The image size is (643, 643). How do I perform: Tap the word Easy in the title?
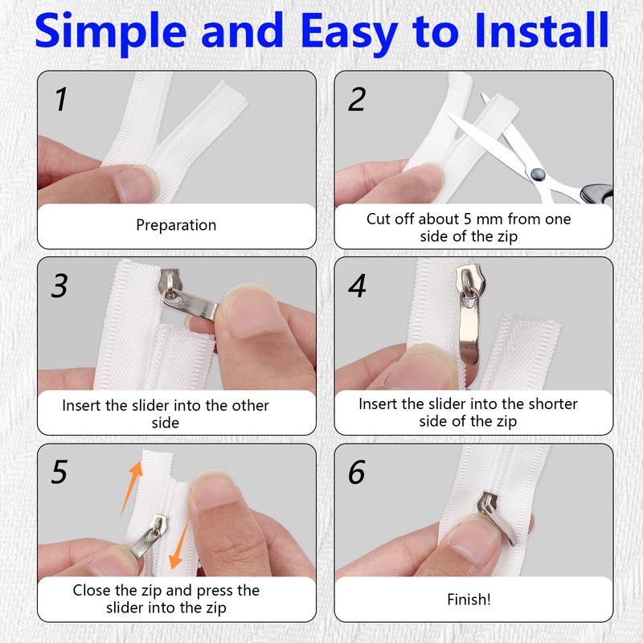[349, 34]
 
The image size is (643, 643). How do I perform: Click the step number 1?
[62, 99]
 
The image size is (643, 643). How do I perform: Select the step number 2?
[357, 99]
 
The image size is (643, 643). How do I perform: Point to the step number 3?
[59, 285]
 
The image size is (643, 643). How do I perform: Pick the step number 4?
[357, 285]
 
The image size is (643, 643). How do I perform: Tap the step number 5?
[59, 472]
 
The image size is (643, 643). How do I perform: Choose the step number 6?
[357, 472]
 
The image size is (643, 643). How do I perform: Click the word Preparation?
[176, 226]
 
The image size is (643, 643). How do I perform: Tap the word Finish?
[469, 600]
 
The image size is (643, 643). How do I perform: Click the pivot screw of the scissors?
[538, 174]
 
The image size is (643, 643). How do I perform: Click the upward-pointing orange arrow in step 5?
[132, 489]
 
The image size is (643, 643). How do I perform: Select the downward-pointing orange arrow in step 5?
[180, 543]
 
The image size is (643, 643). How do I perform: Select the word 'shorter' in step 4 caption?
[553, 404]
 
